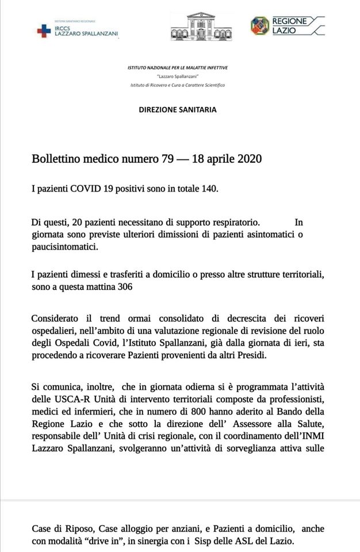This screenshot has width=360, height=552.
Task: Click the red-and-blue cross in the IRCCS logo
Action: point(44,32)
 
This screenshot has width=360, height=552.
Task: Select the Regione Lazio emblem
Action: point(260,25)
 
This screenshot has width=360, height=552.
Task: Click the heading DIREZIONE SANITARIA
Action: point(178,108)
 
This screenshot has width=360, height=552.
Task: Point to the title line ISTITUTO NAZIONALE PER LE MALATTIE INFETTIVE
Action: point(177,68)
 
